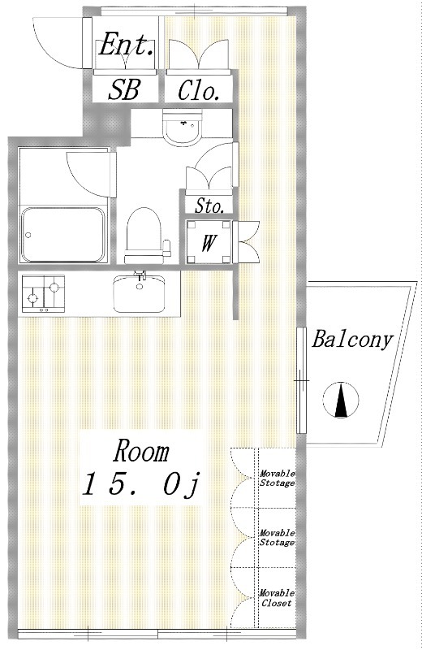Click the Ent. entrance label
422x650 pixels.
tap(127, 45)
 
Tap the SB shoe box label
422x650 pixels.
tap(124, 89)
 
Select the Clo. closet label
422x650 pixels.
tap(198, 90)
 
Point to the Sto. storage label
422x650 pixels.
tap(209, 206)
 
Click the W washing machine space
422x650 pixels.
tap(209, 243)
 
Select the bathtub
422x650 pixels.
tap(63, 235)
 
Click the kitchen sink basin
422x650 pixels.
tap(139, 292)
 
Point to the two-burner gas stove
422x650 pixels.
tap(44, 293)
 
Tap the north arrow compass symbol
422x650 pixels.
tap(341, 400)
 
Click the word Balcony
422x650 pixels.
tap(352, 340)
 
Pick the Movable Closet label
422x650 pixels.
tap(277, 598)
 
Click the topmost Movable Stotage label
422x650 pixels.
tap(277, 478)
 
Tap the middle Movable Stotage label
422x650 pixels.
tap(277, 538)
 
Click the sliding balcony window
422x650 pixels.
tap(301, 380)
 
